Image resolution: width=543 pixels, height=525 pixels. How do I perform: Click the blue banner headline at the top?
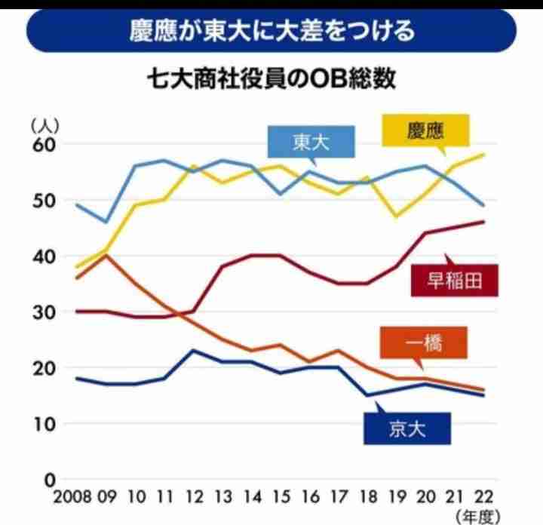click(271, 32)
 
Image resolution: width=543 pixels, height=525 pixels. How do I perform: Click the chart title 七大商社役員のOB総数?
click(271, 80)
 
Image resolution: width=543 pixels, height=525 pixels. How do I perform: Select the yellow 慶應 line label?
click(427, 130)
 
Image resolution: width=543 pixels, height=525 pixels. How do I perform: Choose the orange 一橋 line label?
click(424, 343)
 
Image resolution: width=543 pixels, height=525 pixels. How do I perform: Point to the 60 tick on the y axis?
click(43, 144)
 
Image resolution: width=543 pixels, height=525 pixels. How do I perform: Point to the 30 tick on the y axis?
click(43, 312)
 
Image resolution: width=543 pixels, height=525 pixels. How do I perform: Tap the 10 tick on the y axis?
click(43, 424)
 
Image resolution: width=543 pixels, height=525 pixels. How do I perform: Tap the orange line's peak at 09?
click(106, 256)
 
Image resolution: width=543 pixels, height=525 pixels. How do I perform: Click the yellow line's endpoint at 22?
click(483, 155)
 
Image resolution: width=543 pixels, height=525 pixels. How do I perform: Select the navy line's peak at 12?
click(193, 351)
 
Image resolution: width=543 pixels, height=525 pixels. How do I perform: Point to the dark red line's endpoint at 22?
click(483, 222)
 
